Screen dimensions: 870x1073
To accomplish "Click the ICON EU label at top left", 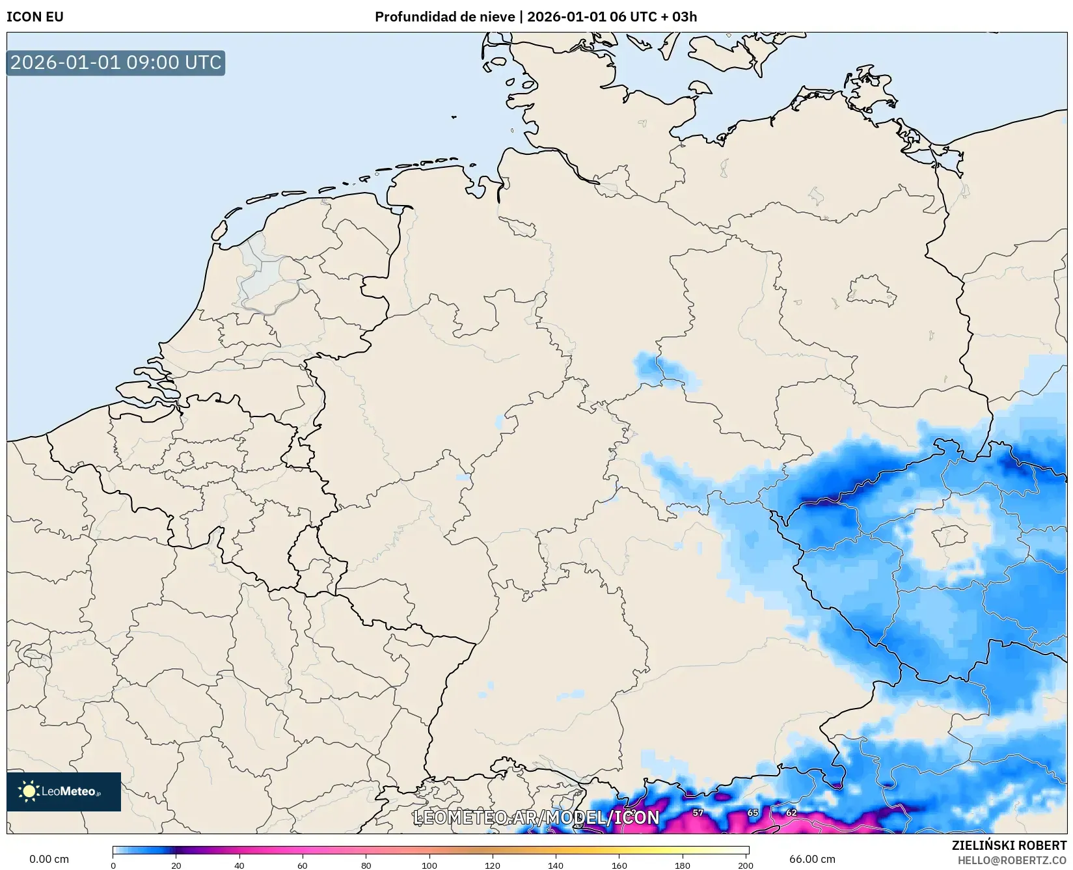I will pos(35,17).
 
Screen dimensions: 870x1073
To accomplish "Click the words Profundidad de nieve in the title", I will pos(444,17).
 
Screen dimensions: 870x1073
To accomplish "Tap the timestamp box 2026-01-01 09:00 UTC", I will pos(116,63).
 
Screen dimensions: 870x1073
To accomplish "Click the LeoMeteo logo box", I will pos(64,791).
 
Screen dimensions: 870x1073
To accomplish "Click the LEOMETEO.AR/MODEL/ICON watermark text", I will pos(536,817).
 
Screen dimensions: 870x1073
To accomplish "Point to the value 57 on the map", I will pos(698,813).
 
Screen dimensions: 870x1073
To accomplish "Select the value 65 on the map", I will pos(753,813).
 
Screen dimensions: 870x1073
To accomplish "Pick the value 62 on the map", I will pos(791,813).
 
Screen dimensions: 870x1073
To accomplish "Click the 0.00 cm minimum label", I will pos(49,859).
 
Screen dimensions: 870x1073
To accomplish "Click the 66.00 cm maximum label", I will pos(812,859).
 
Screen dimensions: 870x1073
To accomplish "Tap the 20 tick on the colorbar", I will pos(176,865).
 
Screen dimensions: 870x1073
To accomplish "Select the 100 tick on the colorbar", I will pos(429,865).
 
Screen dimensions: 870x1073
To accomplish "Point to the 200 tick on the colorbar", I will pos(746,865).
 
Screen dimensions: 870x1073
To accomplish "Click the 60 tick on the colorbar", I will pos(303,865).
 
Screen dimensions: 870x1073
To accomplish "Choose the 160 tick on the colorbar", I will pos(619,865).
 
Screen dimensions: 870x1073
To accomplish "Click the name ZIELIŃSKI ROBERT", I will pos(1009,846).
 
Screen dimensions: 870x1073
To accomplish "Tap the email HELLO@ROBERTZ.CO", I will pos(1012,860).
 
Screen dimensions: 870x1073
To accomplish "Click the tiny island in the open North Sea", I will pos(454,117).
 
